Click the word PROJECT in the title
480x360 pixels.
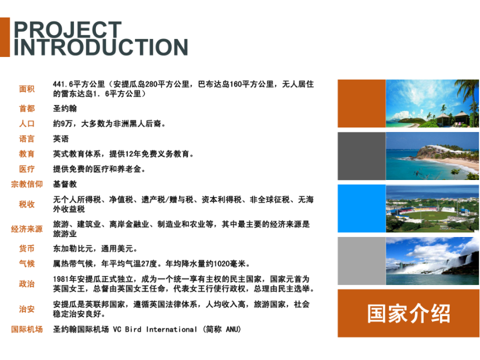coord(68,30)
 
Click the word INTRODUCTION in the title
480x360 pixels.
coord(101,47)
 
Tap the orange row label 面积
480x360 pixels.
coord(27,89)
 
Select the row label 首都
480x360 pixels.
coord(27,108)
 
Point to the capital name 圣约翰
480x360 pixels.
coord(65,108)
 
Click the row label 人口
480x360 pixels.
coord(27,124)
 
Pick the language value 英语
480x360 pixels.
coord(61,139)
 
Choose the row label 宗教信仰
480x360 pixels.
coord(27,184)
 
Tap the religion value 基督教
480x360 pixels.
coord(65,184)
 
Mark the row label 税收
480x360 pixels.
coord(27,204)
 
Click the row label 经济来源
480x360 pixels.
coord(27,229)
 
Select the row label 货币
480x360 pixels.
coord(27,248)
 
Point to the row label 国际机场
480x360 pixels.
coord(27,330)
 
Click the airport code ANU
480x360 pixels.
coord(232,330)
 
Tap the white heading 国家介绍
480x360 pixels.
coord(409,314)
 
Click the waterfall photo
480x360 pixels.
coord(432,261)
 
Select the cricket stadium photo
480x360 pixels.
coord(432,208)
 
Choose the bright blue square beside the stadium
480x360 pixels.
coord(362,208)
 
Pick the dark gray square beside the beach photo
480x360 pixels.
coord(362,156)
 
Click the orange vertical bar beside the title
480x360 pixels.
coord(5,37)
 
